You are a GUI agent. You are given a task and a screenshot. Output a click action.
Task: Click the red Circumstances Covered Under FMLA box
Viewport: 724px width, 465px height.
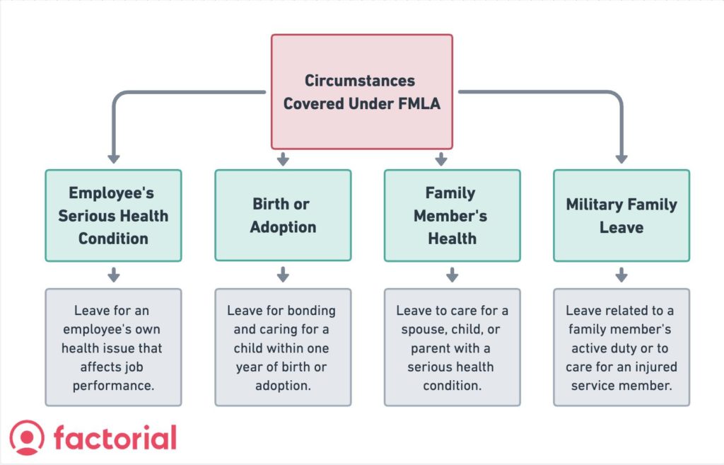point(361,91)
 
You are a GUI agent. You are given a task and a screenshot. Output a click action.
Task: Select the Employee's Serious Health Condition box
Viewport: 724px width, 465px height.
point(113,215)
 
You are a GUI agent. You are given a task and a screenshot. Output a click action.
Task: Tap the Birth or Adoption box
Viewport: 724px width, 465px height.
point(283,215)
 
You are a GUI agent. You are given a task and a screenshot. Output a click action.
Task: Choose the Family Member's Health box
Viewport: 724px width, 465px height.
point(452,215)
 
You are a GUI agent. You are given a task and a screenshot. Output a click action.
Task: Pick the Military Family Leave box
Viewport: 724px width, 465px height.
point(621,215)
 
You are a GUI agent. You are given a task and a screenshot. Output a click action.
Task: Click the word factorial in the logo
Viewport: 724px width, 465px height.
point(115,438)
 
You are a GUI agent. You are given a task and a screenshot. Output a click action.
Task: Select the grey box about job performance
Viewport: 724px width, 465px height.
point(113,347)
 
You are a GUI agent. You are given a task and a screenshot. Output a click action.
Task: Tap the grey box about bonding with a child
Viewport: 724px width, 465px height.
point(283,347)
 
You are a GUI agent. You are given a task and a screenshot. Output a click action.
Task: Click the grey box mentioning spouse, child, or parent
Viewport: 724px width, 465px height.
point(452,347)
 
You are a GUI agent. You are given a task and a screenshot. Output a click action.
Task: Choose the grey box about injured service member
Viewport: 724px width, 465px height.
point(621,347)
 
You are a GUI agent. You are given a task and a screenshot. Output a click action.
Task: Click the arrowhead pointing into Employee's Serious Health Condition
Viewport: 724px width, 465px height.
point(113,159)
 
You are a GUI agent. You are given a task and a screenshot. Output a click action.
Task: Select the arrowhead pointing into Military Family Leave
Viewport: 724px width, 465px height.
point(621,159)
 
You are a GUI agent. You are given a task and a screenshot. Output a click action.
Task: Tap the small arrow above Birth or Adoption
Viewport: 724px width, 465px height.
point(283,159)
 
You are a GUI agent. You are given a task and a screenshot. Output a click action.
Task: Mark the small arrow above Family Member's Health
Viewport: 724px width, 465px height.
point(440,159)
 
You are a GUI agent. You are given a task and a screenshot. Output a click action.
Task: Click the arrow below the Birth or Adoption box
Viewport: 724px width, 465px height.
point(283,275)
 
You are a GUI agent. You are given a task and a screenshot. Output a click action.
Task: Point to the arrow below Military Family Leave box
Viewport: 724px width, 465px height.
point(621,275)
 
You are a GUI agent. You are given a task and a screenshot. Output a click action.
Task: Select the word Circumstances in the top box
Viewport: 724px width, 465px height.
point(360,80)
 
